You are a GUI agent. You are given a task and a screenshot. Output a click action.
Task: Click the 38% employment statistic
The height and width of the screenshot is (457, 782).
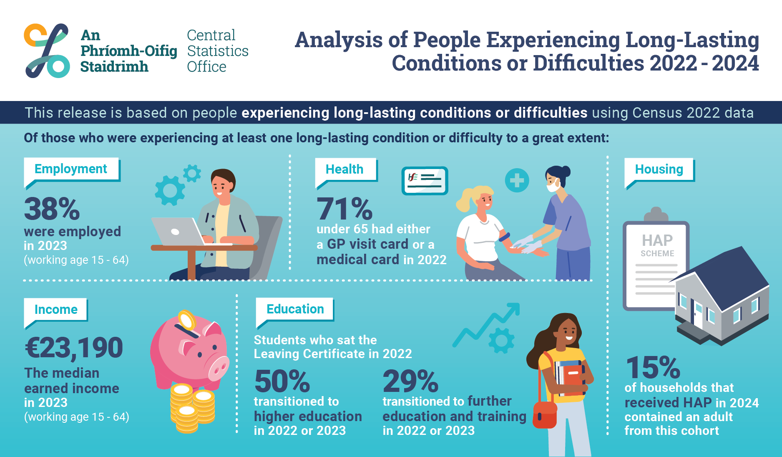[52, 209]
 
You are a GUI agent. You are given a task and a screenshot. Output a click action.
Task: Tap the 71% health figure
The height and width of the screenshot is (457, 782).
[344, 209]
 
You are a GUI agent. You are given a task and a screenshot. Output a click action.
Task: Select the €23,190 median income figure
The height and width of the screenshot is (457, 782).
[74, 348]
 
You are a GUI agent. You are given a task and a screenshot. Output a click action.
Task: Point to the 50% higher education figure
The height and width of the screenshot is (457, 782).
[282, 381]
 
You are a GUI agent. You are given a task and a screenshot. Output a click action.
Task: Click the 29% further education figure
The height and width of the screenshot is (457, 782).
[411, 381]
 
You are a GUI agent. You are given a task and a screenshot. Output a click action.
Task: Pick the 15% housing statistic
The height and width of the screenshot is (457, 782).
[653, 368]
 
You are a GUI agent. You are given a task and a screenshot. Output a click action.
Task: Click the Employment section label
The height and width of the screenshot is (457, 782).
[71, 169]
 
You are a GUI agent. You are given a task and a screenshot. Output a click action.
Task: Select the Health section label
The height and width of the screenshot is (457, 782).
[344, 169]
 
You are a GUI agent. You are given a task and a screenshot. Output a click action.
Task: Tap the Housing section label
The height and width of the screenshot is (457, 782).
[659, 169]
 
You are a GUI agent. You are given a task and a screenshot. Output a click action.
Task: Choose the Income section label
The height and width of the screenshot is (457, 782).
[56, 310]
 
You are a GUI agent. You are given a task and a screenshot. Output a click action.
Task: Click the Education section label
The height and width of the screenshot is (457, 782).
[295, 309]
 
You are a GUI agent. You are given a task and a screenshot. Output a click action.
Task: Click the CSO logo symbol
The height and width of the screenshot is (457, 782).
[47, 51]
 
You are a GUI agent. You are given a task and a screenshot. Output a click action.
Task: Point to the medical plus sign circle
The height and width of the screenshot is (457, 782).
[517, 180]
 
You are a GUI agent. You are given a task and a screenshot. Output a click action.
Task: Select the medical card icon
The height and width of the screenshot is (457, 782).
[425, 181]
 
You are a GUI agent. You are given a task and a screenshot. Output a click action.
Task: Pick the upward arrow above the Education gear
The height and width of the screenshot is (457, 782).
[488, 323]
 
